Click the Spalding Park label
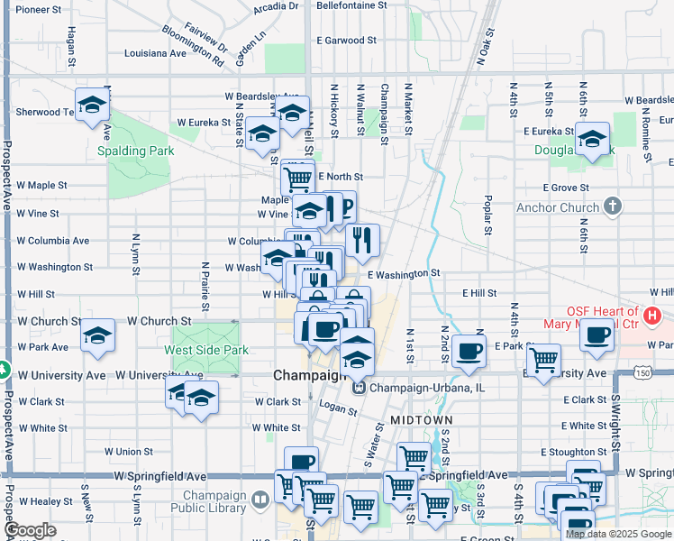[x=135, y=151]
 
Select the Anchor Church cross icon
[x=613, y=206]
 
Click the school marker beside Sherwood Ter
[x=92, y=105]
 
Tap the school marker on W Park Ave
[x=97, y=335]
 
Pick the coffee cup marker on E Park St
[x=469, y=351]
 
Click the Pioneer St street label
[x=39, y=9]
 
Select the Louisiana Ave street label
[x=155, y=53]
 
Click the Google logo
[x=30, y=531]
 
